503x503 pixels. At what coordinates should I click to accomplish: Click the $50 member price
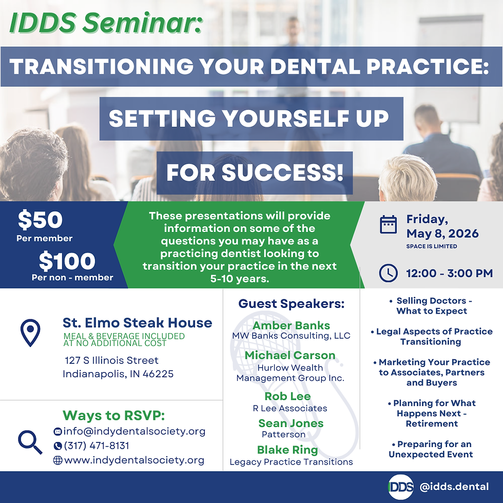click(40, 220)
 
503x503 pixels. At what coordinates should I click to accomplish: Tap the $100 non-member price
click(67, 262)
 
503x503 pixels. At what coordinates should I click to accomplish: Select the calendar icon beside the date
click(388, 224)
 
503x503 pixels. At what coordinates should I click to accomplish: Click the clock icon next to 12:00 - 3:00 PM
click(388, 273)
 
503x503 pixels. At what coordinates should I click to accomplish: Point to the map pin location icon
click(30, 333)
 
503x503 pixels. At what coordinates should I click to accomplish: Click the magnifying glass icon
click(30, 442)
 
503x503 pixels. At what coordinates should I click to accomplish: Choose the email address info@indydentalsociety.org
click(134, 431)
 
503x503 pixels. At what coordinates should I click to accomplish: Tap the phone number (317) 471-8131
click(96, 446)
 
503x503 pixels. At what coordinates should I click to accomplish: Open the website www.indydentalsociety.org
click(134, 460)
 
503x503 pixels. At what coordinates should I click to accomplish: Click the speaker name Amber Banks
click(291, 325)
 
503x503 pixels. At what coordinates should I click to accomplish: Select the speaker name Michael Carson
click(290, 355)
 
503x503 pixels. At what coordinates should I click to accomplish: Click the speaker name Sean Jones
click(291, 423)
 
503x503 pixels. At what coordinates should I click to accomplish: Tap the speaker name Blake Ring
click(287, 450)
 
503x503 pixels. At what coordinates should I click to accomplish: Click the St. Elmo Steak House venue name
click(137, 323)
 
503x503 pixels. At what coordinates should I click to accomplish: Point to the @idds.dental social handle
click(453, 487)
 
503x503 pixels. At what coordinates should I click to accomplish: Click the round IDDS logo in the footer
click(400, 487)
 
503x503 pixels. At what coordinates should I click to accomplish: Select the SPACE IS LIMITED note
click(431, 246)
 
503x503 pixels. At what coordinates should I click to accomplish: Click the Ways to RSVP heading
click(113, 415)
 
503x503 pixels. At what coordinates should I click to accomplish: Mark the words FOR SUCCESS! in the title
click(255, 173)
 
